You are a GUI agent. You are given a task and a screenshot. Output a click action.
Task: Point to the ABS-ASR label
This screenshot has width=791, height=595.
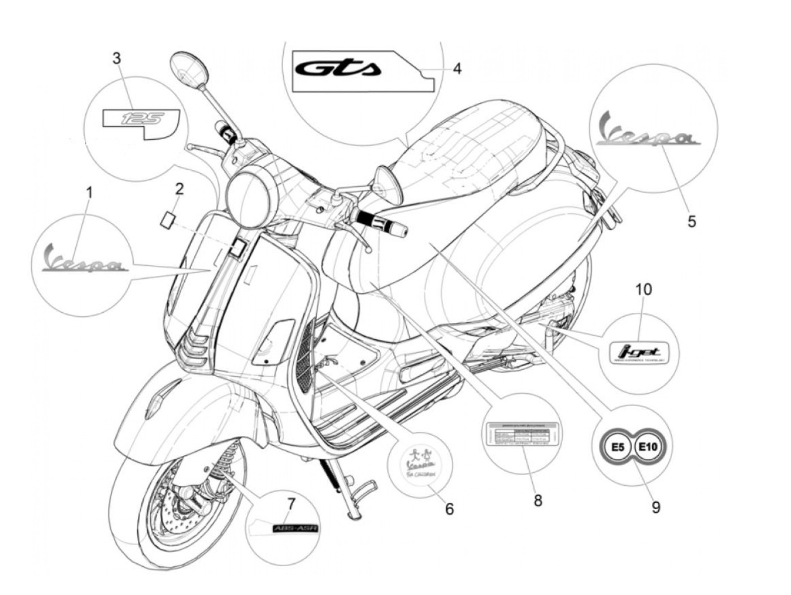[295, 529]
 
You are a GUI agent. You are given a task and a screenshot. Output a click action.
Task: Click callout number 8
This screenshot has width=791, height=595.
[537, 500]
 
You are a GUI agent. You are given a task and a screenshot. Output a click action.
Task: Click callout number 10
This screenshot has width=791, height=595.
[643, 290]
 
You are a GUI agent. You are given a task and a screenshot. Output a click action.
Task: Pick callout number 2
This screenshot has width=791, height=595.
[179, 189]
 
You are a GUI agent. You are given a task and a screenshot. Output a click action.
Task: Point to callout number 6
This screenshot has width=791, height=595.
[449, 509]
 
